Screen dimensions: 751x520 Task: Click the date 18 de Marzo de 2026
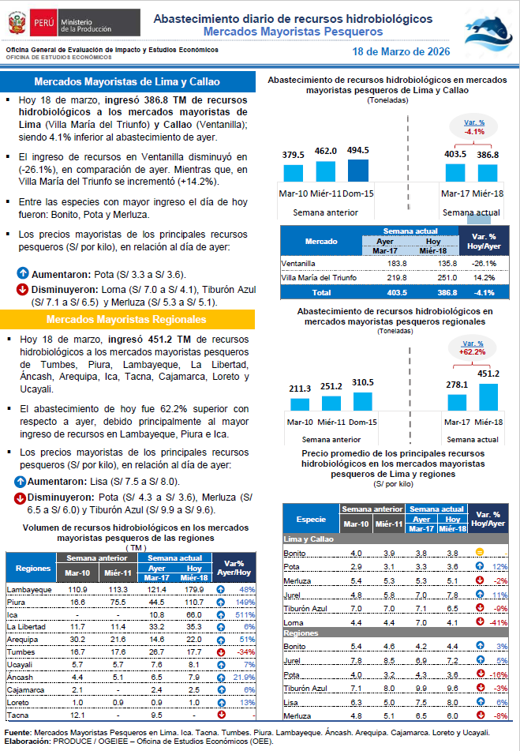402,51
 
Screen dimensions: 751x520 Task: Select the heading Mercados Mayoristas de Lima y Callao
127,82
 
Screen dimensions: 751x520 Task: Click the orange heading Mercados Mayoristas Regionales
127,319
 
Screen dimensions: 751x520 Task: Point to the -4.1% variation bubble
473,127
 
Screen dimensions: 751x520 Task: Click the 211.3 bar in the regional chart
300,404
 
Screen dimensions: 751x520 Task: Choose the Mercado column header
321,242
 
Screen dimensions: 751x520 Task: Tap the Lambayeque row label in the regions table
29,590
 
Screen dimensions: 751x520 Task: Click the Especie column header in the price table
310,519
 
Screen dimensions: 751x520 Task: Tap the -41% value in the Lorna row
496,624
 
